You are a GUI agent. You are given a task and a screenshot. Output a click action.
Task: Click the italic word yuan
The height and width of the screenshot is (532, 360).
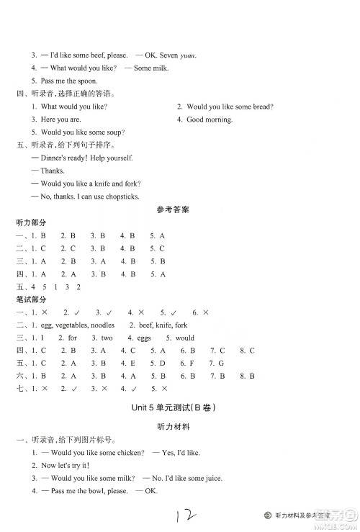pyautogui.click(x=187, y=55)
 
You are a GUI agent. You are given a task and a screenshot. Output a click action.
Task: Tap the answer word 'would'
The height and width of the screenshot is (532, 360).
pyautogui.click(x=185, y=338)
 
